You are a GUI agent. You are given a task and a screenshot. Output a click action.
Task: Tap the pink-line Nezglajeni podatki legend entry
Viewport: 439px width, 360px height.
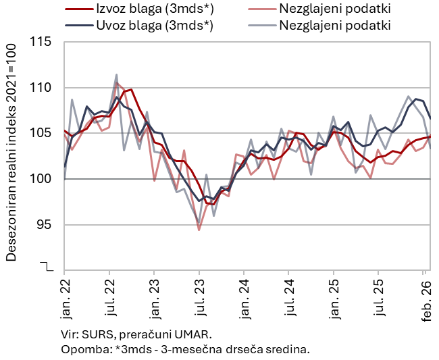(x=335, y=9)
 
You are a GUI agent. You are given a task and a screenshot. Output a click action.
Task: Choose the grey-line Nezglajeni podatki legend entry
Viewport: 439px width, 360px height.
(x=335, y=26)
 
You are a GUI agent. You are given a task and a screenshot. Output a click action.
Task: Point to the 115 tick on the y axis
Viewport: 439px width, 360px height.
(x=41, y=42)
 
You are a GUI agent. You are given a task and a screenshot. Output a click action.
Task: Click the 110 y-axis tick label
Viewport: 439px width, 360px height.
(x=41, y=88)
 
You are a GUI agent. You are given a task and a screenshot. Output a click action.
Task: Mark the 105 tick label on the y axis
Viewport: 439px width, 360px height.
(x=41, y=133)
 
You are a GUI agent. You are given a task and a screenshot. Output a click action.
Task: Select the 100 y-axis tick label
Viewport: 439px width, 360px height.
(x=41, y=179)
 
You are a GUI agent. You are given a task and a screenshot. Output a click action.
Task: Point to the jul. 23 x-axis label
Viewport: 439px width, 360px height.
(x=199, y=297)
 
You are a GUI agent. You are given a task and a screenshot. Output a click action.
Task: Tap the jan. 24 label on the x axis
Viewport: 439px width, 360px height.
(x=244, y=297)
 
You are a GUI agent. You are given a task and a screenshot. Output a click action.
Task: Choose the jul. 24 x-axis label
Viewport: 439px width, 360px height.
(x=289, y=297)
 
